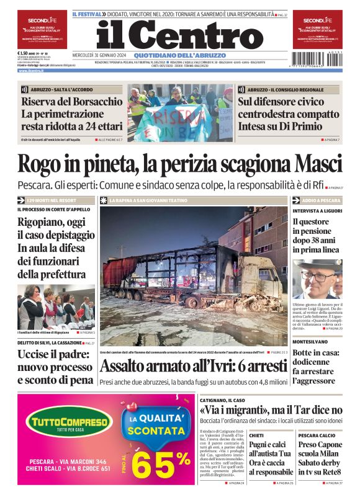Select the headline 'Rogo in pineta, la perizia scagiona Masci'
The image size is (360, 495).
point(179,165)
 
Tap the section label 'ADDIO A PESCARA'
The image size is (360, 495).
point(322,201)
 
